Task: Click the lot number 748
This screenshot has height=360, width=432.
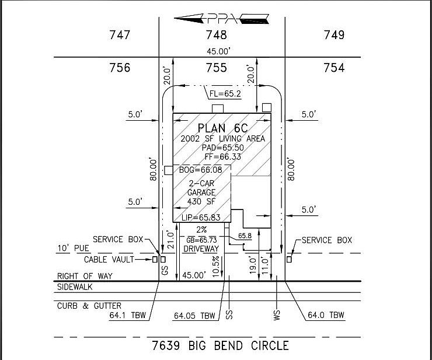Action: coord(216,35)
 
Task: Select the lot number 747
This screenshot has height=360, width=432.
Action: coord(120,35)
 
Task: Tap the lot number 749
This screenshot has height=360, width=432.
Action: coord(334,35)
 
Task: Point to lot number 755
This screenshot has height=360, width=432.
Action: coord(216,68)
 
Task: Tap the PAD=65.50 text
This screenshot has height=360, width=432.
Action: coord(222,148)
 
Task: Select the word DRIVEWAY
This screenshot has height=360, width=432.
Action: coord(201,249)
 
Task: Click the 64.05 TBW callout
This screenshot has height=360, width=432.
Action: coord(194,316)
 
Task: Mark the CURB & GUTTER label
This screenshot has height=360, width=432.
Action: coord(89,306)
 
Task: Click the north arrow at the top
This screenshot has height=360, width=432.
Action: coord(222,18)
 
